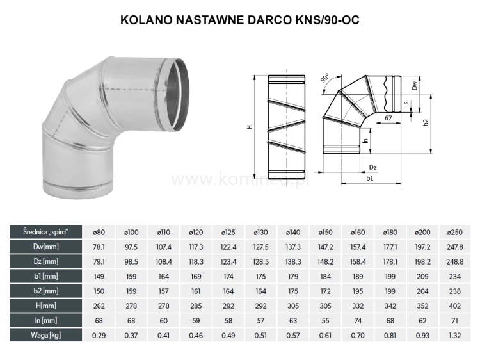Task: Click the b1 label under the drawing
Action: pos(370,179)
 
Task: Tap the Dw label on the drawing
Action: pos(414,84)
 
